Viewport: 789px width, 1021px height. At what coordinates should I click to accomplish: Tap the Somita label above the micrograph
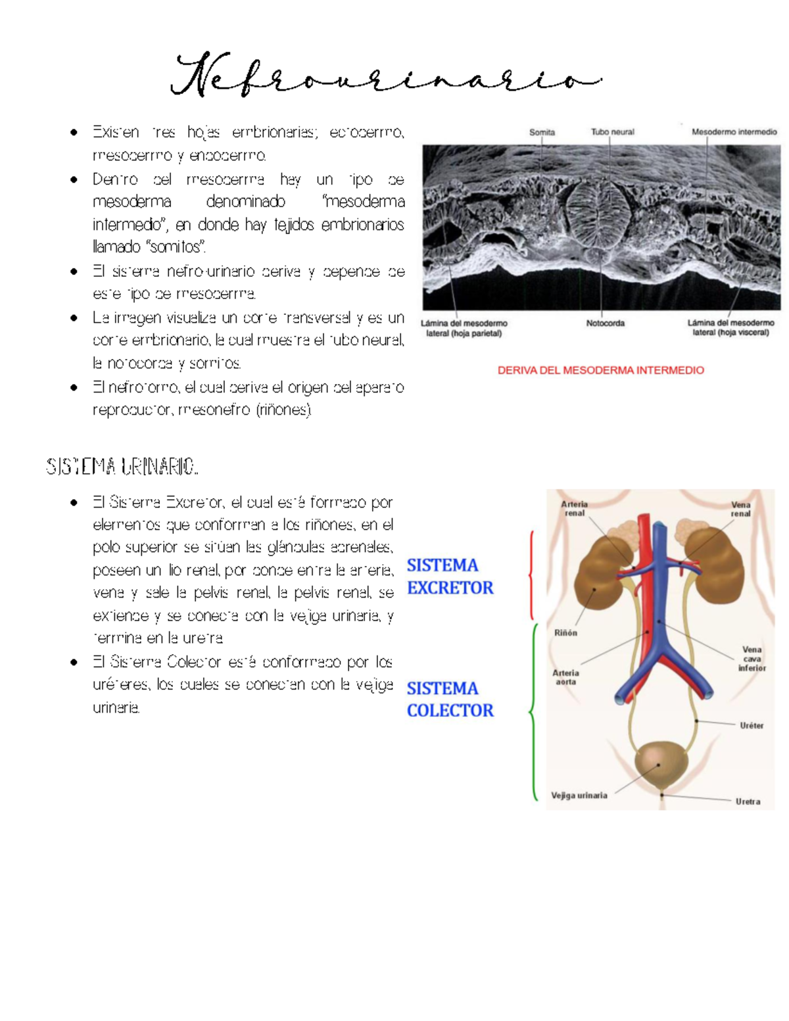[542, 132]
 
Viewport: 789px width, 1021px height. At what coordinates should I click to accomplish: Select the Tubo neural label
[612, 132]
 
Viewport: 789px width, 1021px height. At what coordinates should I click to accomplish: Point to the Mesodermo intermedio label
[734, 132]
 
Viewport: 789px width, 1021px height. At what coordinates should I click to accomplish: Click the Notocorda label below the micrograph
[605, 323]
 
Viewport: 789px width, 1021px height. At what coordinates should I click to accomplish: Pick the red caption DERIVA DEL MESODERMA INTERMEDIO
[600, 370]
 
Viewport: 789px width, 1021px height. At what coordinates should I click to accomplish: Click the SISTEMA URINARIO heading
[122, 467]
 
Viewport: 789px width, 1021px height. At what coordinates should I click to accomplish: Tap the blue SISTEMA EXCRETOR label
[450, 577]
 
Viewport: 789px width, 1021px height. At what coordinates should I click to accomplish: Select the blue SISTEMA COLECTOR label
[450, 700]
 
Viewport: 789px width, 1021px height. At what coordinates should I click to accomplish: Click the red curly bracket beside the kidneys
[531, 576]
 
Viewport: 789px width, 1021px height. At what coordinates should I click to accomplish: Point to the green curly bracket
[533, 712]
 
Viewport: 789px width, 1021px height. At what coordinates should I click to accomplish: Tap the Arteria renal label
[574, 509]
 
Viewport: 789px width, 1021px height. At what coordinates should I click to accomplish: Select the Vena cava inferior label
[752, 658]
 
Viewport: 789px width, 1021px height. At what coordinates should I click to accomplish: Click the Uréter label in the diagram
[752, 726]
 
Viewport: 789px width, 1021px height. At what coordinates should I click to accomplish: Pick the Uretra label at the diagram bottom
[748, 801]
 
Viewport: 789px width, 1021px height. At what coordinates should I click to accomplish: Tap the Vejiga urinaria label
[579, 795]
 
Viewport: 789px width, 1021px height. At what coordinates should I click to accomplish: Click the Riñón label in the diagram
[565, 633]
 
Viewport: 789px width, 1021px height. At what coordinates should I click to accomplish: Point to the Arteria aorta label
[565, 677]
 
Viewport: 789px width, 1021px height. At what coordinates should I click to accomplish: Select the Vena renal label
[740, 509]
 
